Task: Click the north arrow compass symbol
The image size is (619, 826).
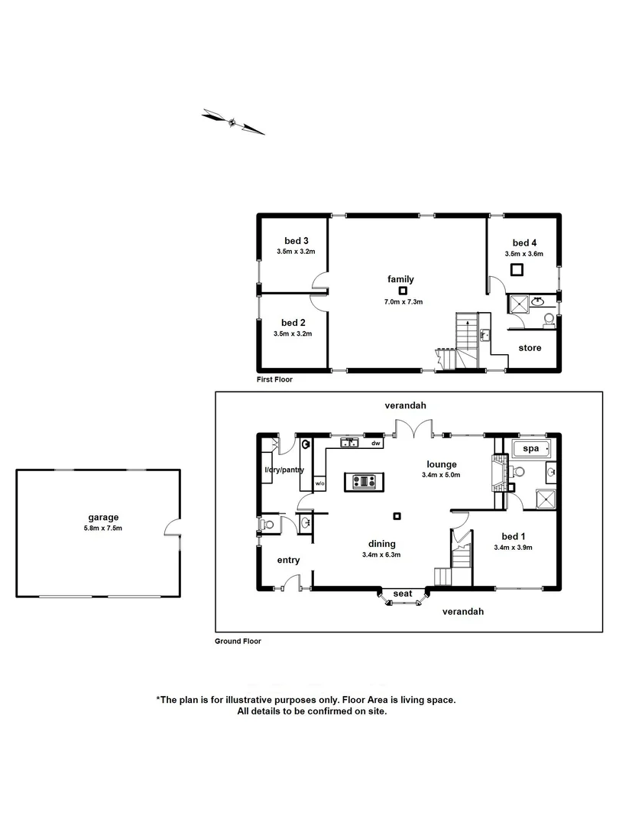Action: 232,121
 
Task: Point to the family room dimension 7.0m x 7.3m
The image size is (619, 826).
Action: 402,302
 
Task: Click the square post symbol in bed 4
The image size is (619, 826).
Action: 517,268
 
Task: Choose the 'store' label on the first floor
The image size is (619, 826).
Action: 530,348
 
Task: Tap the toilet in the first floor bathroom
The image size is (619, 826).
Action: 549,320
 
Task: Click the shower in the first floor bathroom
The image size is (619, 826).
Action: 518,304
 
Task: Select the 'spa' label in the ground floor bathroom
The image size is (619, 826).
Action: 529,447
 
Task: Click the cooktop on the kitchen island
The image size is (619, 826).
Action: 364,481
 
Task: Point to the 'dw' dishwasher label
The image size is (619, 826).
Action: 375,443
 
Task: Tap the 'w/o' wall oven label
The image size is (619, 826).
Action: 319,483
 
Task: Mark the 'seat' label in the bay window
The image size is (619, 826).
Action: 402,593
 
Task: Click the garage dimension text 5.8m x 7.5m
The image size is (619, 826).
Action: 102,528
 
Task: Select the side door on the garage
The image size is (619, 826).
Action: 175,528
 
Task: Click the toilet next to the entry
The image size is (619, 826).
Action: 267,526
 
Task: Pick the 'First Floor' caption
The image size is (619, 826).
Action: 274,379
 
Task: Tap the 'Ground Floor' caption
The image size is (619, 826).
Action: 238,642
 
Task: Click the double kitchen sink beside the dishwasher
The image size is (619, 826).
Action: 351,443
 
